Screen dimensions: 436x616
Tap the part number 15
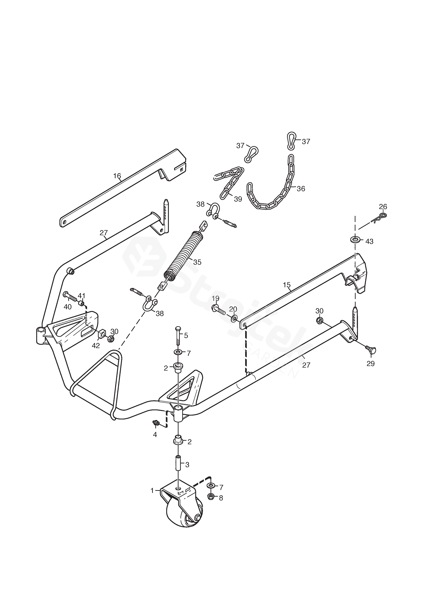[287, 285]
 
